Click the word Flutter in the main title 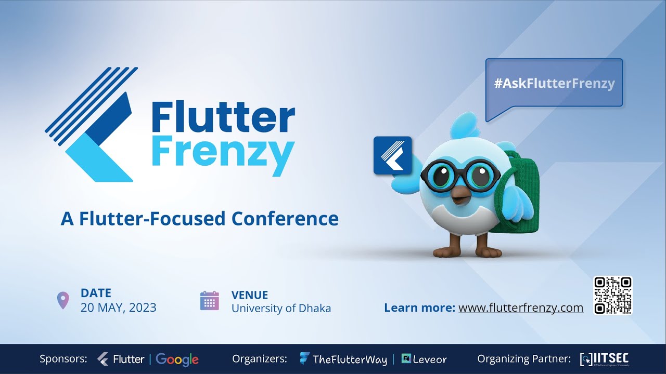(x=223, y=118)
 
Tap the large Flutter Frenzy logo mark (x=91, y=125)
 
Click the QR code (x=612, y=295)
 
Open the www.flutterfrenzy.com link (x=521, y=308)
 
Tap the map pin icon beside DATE (x=63, y=300)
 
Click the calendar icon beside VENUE (x=210, y=301)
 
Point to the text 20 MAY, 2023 (x=118, y=308)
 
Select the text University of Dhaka (x=281, y=308)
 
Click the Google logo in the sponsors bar (x=177, y=359)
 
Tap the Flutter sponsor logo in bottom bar (x=122, y=359)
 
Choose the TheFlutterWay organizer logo (x=343, y=359)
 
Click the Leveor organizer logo (x=424, y=359)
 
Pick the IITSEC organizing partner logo (x=605, y=359)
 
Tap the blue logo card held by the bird (x=392, y=155)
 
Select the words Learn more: (x=419, y=308)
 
